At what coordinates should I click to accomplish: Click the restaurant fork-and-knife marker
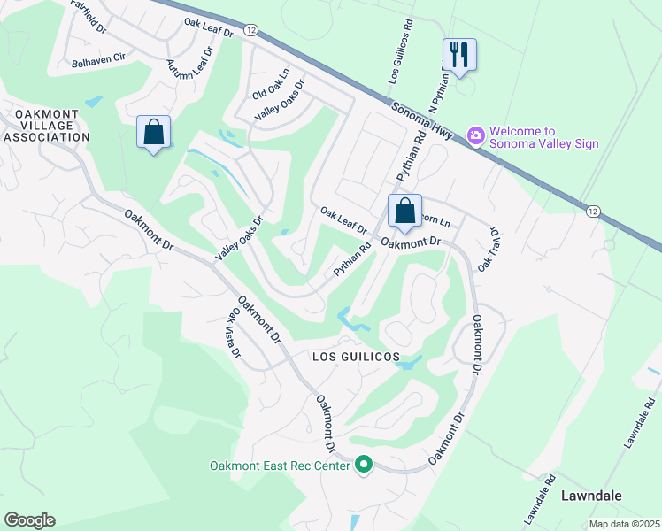(x=458, y=54)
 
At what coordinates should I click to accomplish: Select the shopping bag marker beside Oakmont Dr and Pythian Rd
(x=404, y=212)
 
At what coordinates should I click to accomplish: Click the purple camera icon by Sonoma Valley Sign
(x=476, y=135)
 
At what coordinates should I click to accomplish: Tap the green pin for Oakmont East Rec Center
(x=363, y=465)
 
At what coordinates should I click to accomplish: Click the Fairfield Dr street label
(x=89, y=12)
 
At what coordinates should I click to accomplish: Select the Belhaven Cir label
(x=98, y=64)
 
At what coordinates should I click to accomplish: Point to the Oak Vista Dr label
(x=235, y=332)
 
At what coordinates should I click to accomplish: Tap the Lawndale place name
(x=590, y=496)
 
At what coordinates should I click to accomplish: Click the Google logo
(x=29, y=519)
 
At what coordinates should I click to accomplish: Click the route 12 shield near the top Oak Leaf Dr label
(x=252, y=30)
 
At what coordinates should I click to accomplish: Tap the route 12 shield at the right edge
(x=592, y=210)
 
